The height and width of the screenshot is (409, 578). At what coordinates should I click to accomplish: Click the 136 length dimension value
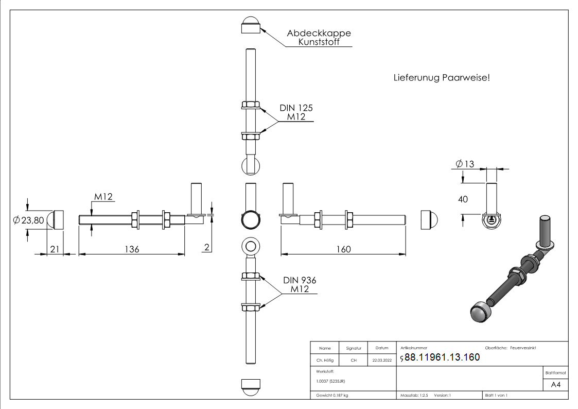tap(132, 249)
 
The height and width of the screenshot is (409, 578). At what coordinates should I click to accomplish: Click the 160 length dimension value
tap(343, 249)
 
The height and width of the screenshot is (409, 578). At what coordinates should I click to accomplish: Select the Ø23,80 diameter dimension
tap(29, 220)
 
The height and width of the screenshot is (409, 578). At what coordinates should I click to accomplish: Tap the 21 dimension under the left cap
tap(54, 249)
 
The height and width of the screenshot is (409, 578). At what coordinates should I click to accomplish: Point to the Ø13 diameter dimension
tap(465, 164)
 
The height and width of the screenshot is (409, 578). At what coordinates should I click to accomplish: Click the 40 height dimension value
tap(463, 199)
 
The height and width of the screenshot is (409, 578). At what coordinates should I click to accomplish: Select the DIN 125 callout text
tap(296, 108)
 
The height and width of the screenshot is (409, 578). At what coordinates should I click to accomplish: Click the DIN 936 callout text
tap(300, 280)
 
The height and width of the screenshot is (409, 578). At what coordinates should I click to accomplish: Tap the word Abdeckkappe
tap(319, 33)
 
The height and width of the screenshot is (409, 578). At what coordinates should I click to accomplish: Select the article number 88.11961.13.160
tap(442, 357)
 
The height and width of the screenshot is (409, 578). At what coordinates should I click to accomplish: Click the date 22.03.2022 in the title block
tap(382, 361)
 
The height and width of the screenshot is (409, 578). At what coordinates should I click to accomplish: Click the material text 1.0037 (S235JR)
tap(330, 381)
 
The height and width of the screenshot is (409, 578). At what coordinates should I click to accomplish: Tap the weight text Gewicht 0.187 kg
tap(332, 395)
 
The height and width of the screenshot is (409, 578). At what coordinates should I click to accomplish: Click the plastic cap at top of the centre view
tap(251, 25)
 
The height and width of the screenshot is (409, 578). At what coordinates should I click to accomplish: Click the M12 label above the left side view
tap(103, 197)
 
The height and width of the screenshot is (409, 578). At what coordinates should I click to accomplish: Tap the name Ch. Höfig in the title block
tap(325, 361)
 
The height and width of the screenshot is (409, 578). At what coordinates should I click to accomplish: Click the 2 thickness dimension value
tap(206, 247)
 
